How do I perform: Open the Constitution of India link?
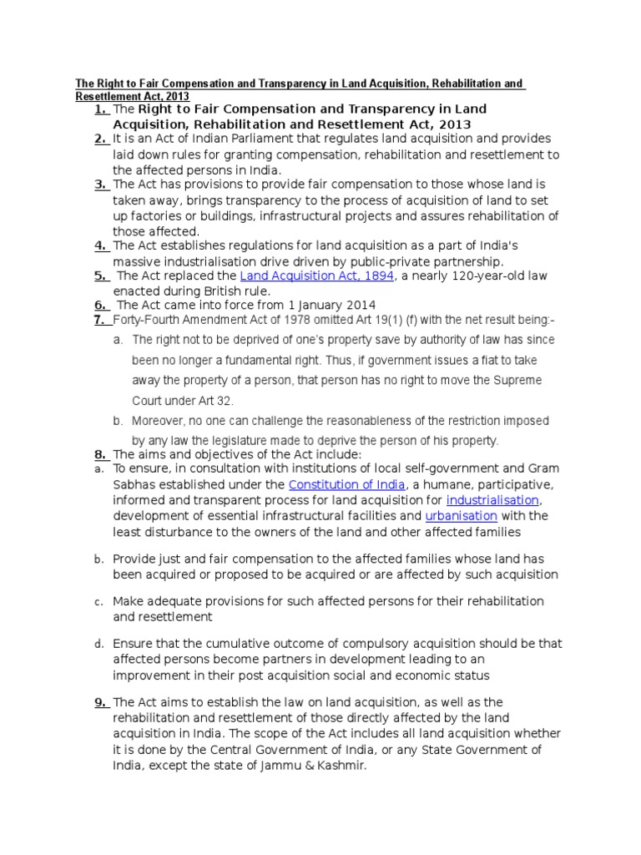(347, 484)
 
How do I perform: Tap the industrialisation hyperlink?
(492, 500)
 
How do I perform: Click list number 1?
(100, 109)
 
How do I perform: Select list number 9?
(100, 702)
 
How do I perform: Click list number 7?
(100, 319)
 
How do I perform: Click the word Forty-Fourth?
(144, 319)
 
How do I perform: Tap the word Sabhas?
(133, 484)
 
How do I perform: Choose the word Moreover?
(159, 421)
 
